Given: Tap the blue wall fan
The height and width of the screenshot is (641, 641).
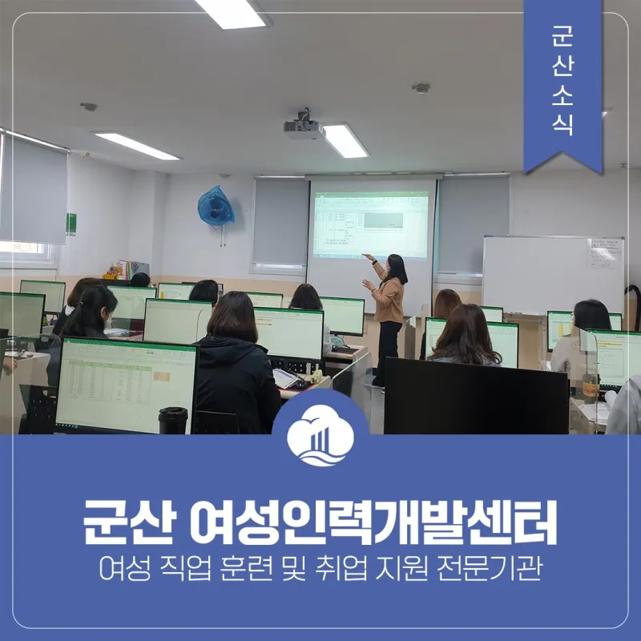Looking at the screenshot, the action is coord(216,207).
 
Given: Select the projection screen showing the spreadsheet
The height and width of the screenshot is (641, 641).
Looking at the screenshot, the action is coord(371,224).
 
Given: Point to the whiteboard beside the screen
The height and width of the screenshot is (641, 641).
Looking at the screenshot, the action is coord(553,275).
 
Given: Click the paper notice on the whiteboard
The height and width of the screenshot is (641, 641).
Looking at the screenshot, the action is coord(604,253).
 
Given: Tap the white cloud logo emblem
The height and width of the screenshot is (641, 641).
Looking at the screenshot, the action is coord(320,434).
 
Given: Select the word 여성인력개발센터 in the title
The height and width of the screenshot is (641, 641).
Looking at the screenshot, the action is coord(373,522).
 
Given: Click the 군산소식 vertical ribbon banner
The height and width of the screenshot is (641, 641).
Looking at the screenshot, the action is coord(563,84).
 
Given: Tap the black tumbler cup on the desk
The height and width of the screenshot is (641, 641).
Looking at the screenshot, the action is coord(173,420).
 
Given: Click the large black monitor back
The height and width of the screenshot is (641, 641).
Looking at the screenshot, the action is coord(476,396).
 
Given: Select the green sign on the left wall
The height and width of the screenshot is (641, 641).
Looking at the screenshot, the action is coord(71,224).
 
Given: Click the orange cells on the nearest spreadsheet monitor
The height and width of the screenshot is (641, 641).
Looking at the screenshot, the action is coord(161,376).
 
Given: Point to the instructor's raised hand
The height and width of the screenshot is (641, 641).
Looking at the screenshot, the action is coord(367,256).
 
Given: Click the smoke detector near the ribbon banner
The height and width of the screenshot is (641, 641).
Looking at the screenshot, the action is coord(421,88).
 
